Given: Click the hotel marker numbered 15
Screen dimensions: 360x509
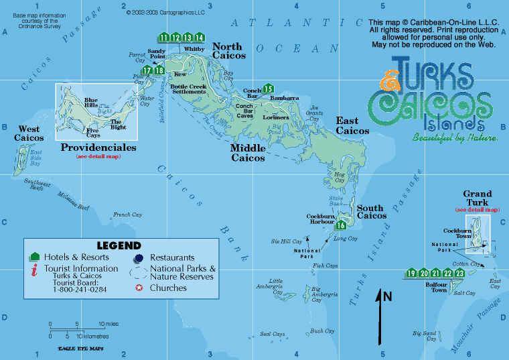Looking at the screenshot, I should click(x=269, y=88).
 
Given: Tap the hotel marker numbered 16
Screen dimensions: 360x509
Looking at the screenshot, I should click(x=341, y=225).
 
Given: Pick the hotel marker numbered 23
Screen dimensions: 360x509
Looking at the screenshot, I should click(x=459, y=273).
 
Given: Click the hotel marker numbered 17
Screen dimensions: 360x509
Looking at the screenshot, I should click(x=147, y=70).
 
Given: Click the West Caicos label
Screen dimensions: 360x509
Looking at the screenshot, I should click(x=29, y=133).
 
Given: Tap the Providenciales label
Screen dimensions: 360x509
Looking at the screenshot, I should click(x=98, y=147).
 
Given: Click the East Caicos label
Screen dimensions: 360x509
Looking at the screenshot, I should click(x=352, y=125).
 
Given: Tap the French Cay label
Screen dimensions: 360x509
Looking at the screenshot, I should click(x=127, y=215).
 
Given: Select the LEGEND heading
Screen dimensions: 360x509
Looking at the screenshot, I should click(x=119, y=245).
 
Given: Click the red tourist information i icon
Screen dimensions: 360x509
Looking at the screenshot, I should click(x=33, y=270).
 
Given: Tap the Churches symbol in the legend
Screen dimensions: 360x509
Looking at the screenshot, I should click(x=139, y=288).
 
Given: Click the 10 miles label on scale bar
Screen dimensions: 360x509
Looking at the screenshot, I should click(x=108, y=324).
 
